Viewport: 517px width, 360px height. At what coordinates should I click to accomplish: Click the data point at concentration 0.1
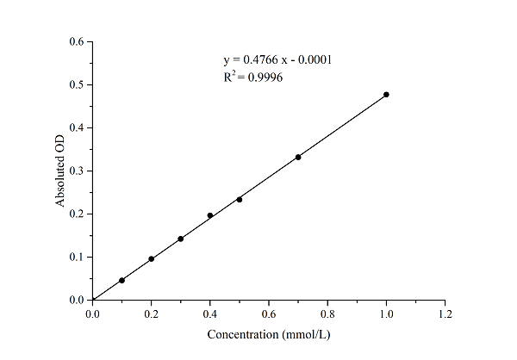122,280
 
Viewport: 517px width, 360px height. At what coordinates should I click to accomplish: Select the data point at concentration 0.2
152,258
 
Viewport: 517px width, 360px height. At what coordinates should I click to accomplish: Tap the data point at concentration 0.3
181,239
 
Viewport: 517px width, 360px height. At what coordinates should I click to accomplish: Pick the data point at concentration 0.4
210,215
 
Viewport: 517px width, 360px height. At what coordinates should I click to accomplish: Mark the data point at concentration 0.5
240,200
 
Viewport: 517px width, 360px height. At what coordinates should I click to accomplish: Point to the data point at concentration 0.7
298,157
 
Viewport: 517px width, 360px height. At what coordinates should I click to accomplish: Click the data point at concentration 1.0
386,94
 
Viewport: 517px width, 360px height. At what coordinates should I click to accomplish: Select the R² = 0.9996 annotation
253,77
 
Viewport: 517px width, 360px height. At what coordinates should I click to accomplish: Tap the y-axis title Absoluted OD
60,171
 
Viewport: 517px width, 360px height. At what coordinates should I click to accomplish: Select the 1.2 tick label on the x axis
445,314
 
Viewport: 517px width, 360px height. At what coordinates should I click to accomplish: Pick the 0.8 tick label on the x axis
327,314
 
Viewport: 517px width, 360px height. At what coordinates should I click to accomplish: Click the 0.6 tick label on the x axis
269,314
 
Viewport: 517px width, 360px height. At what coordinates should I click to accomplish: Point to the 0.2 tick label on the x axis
152,314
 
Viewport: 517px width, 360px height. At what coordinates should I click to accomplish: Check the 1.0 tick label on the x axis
386,314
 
